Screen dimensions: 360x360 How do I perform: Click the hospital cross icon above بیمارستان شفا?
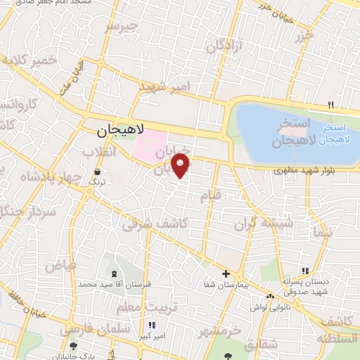coord(225,274)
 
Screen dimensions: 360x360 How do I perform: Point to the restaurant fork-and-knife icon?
coord(330,105)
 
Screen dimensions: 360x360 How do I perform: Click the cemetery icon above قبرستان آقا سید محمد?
coord(114,273)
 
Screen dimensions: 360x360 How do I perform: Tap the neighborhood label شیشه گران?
coord(260,224)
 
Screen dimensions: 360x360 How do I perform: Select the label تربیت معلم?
coord(160,307)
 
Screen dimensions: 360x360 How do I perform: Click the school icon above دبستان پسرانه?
coord(304,271)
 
